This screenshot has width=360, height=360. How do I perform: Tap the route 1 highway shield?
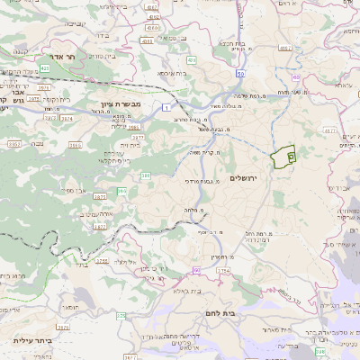[166, 108]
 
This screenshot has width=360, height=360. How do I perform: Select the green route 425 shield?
[44, 67]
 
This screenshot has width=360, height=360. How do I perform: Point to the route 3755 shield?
[102, 262]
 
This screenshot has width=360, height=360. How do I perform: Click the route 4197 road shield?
[152, 5]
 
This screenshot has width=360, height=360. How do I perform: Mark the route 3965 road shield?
[133, 128]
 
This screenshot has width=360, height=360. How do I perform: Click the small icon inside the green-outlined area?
[291, 156]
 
